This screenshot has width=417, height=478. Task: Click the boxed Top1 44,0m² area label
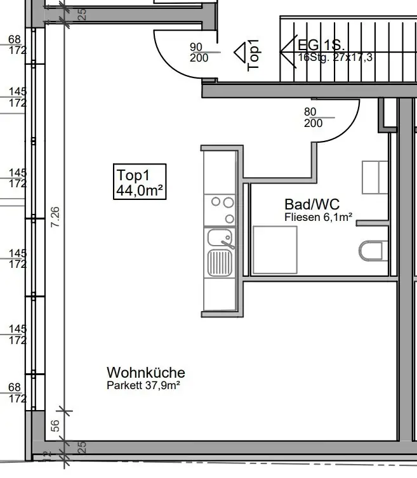[x=140, y=182]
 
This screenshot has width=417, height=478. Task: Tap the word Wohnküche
[x=145, y=373]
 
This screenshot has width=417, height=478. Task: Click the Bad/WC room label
[x=311, y=204]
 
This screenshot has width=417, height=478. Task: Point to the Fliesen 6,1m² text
[x=318, y=217]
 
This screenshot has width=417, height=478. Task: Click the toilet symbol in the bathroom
[x=373, y=251]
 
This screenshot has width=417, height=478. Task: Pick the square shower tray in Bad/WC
[x=275, y=249]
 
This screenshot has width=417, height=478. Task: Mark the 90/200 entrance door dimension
[x=199, y=52]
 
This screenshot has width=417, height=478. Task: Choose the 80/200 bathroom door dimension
[x=314, y=117]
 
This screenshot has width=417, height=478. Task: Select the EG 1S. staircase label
[x=321, y=46]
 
